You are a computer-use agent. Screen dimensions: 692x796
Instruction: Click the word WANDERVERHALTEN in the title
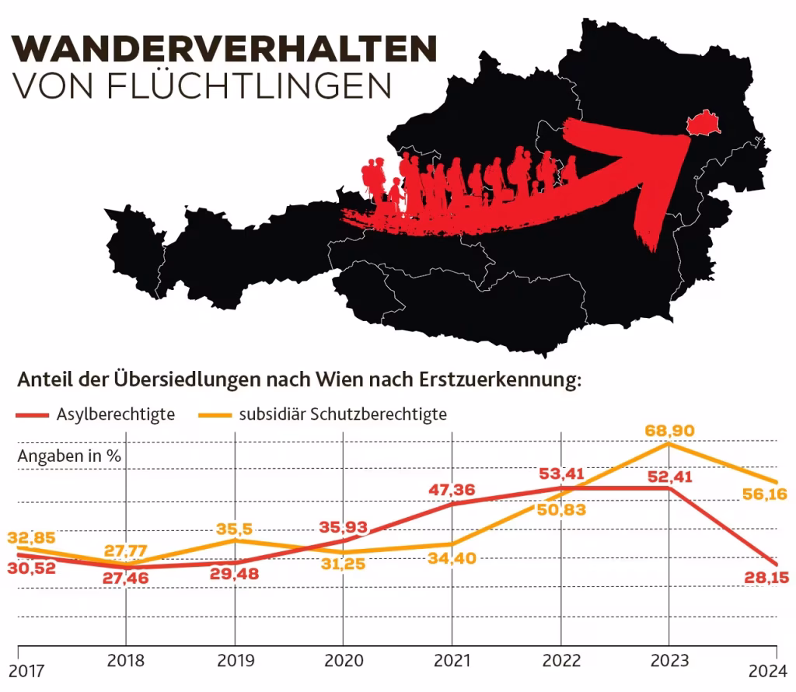click(225, 48)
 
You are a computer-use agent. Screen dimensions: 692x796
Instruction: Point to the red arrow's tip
click(687, 137)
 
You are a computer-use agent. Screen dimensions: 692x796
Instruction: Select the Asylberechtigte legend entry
click(115, 414)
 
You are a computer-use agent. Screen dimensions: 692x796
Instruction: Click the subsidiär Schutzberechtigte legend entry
click(343, 414)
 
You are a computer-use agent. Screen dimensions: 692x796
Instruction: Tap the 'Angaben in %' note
click(69, 456)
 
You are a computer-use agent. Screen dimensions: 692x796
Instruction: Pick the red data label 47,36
click(452, 490)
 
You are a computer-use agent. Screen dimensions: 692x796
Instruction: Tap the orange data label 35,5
click(235, 529)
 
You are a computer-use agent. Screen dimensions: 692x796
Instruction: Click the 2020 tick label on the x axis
click(344, 662)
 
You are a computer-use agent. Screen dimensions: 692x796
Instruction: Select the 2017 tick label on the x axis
click(27, 670)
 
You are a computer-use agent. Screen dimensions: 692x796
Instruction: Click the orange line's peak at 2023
click(669, 444)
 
